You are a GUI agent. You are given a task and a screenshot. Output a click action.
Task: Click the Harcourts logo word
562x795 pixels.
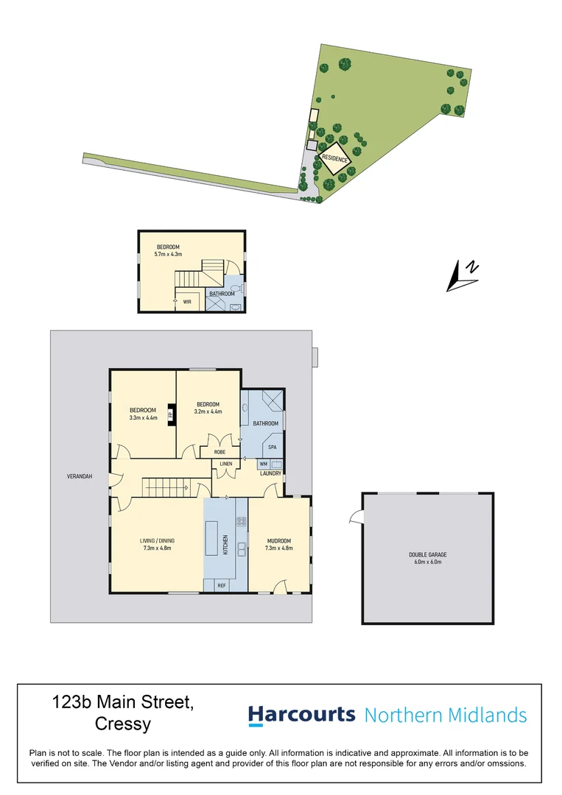click(x=302, y=715)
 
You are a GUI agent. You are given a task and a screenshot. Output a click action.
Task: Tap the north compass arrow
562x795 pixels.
click(x=464, y=275)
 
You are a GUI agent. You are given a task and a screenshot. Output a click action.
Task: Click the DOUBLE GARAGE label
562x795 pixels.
click(x=428, y=555)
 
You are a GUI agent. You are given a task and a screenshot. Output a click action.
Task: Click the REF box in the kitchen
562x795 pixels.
click(x=221, y=585)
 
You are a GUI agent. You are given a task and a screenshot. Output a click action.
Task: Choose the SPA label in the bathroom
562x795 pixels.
click(x=272, y=447)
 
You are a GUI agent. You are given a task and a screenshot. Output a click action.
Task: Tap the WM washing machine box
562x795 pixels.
click(x=263, y=464)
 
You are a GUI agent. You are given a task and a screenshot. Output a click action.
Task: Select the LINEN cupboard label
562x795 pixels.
click(x=226, y=464)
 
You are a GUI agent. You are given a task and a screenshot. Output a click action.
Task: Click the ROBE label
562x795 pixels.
click(x=219, y=451)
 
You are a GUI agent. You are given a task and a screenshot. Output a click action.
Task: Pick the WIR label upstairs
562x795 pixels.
click(x=187, y=301)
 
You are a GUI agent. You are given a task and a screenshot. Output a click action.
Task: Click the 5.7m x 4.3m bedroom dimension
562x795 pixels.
click(x=169, y=254)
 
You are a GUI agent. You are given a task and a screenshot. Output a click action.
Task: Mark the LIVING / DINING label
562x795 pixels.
click(x=158, y=541)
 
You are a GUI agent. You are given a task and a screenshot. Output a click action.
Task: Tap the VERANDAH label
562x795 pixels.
click(x=78, y=476)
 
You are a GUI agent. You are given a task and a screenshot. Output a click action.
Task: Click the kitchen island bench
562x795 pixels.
click(x=211, y=539)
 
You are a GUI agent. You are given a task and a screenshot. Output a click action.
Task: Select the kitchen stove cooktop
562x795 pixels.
click(x=239, y=521)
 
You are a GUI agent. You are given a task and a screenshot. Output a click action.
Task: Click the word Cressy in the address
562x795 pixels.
click(x=123, y=724)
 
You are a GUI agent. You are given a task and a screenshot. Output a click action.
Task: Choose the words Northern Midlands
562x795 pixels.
click(x=446, y=715)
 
